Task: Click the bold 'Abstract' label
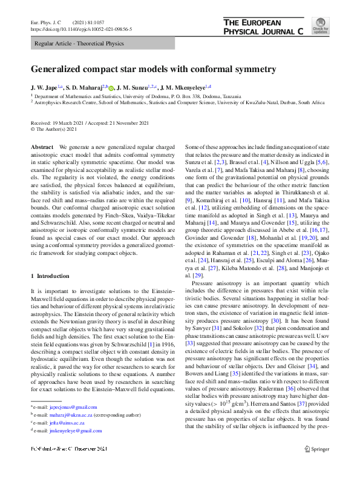tap(43, 148)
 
